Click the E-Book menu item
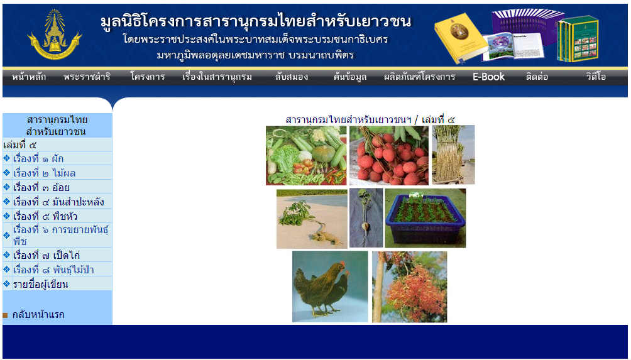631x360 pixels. tap(488, 77)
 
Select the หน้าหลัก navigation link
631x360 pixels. tap(29, 77)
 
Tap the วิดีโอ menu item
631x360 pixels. tap(596, 77)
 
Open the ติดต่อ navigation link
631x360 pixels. tap(537, 77)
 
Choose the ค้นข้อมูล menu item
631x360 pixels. tap(349, 77)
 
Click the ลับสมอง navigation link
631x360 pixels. tap(292, 77)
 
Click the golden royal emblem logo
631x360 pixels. tap(54, 35)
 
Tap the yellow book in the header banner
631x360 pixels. tap(461, 38)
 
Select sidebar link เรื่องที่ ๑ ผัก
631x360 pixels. tap(38, 158)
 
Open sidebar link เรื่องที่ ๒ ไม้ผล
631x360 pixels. tap(44, 173)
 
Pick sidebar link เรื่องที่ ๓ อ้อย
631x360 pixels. tap(41, 187)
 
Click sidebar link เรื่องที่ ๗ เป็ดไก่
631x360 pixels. tap(47, 255)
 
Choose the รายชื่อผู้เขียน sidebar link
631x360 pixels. tap(40, 284)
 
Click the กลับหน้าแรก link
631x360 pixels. tap(38, 314)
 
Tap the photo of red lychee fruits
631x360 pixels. tap(389, 155)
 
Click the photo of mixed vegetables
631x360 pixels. tap(306, 155)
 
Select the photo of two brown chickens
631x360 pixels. tap(330, 286)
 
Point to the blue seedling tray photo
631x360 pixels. tap(425, 218)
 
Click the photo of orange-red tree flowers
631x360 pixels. tap(410, 286)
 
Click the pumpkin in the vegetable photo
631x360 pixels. tap(324, 153)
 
